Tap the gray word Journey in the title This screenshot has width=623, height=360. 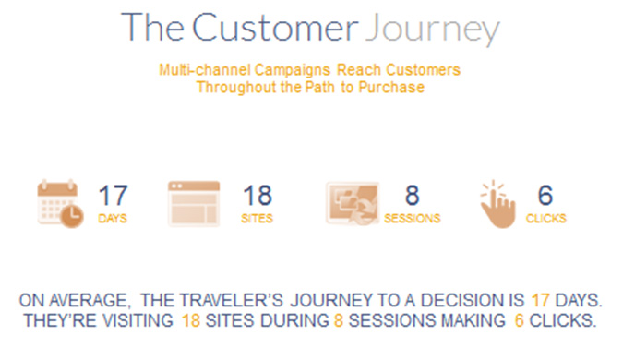pos(431,30)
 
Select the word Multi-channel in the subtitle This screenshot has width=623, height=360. pos(198,70)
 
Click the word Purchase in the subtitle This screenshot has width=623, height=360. pos(399,88)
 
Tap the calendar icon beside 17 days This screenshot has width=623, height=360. pos(60,203)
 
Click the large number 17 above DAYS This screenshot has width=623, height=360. pos(113,196)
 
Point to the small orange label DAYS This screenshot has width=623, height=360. pos(113,219)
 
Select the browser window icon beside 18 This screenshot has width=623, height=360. pos(194,203)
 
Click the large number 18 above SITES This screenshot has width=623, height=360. pos(258,196)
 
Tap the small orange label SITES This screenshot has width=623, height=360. pos(258,219)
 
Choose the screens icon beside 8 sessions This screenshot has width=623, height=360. pos(352,203)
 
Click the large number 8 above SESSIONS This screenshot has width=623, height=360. pos(413,196)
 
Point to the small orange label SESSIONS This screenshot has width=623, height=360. pos(413,219)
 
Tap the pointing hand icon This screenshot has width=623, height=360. pos(498,203)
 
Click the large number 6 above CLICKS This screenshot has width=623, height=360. pos(545,196)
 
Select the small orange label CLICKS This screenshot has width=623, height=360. pos(545,219)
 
